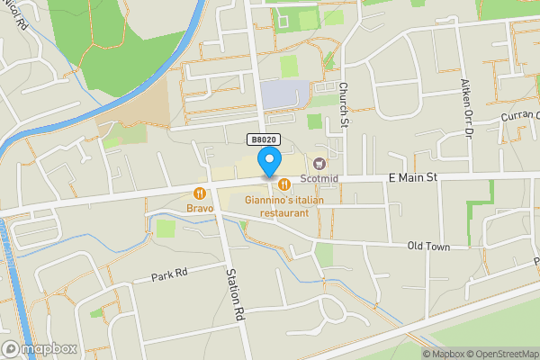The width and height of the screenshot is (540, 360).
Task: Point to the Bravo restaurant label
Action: point(200,208)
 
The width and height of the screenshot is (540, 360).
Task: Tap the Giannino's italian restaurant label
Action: point(283,206)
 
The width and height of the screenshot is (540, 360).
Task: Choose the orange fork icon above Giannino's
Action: point(283,184)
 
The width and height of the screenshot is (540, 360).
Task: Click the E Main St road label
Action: point(413,178)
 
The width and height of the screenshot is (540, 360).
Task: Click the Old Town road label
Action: point(427,245)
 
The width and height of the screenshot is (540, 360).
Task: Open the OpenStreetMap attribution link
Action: point(501,354)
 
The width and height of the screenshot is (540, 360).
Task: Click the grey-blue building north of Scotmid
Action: point(283,93)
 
